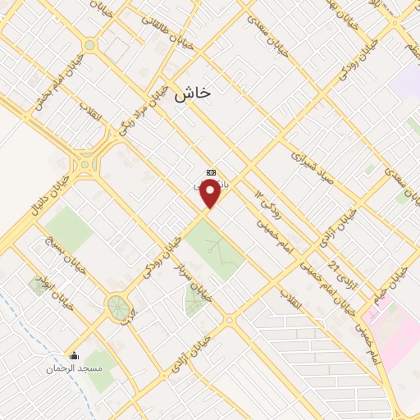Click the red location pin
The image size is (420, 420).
pyautogui.click(x=210, y=194)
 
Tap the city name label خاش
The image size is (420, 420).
pyautogui.click(x=192, y=93)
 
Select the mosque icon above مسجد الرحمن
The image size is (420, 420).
pyautogui.click(x=75, y=356)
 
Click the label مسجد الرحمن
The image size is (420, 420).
pyautogui.click(x=75, y=369)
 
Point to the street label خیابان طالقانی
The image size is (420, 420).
pyautogui.click(x=167, y=30)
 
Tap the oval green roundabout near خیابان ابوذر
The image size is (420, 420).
pyautogui.click(x=118, y=308)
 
